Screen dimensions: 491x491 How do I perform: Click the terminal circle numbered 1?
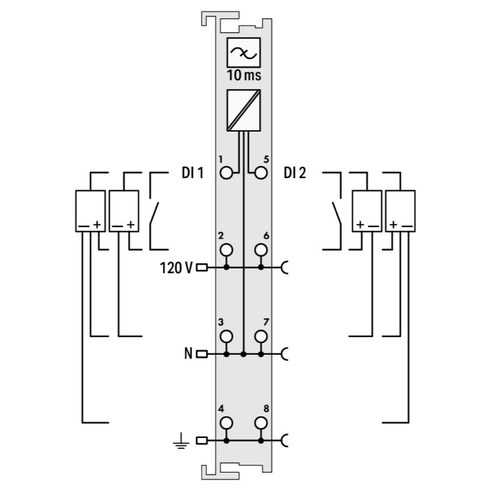click(x=227, y=173)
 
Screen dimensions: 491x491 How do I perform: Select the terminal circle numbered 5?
click(x=261, y=173)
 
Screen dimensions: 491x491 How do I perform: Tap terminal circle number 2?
click(x=227, y=249)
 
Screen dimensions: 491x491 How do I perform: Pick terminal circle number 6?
click(x=261, y=249)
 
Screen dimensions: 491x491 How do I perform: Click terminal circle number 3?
click(x=227, y=336)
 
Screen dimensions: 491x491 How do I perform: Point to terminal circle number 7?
click(x=261, y=336)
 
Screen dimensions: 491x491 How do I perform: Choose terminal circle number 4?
click(x=227, y=422)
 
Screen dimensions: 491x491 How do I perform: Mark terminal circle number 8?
click(x=261, y=422)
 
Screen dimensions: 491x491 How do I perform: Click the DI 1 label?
click(x=192, y=173)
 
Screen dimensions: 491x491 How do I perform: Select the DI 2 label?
click(x=296, y=173)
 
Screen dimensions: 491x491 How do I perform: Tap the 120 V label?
click(x=175, y=267)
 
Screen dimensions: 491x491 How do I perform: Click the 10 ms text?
click(x=244, y=75)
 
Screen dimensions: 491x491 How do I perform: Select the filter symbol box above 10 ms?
click(x=244, y=52)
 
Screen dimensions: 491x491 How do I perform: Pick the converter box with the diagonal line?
click(x=244, y=109)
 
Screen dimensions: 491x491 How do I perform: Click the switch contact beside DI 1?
click(x=155, y=213)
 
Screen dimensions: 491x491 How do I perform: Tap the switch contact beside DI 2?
click(x=335, y=213)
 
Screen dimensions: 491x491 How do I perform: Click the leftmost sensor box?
click(x=90, y=210)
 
